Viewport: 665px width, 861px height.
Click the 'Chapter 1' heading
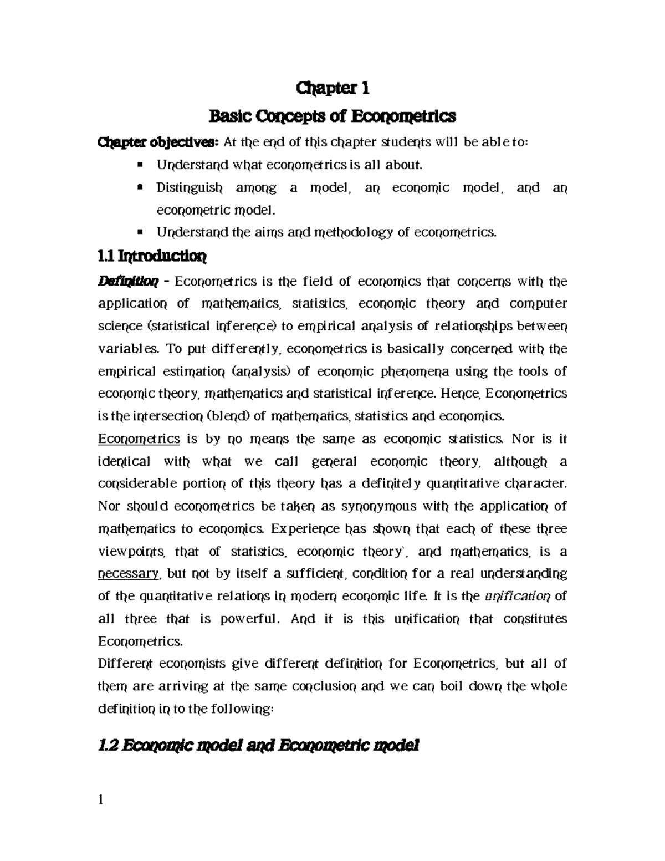point(333,88)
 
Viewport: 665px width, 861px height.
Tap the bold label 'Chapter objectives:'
point(158,142)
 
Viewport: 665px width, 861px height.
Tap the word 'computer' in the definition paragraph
point(538,304)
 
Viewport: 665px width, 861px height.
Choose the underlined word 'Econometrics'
point(139,439)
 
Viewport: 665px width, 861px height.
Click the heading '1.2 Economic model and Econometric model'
point(258,747)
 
